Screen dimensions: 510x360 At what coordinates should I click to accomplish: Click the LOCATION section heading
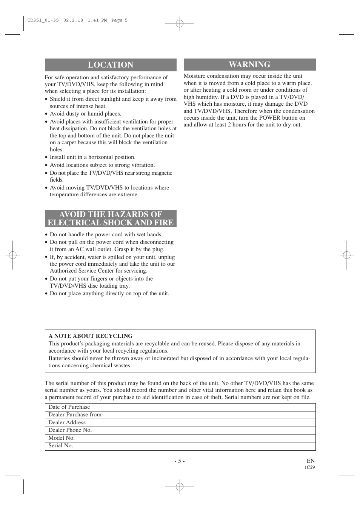click(x=111, y=65)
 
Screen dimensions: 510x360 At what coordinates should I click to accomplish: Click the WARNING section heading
click(x=249, y=65)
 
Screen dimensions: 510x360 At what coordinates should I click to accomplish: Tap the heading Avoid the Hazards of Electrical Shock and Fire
click(x=111, y=219)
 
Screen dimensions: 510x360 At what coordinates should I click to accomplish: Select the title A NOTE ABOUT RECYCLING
click(x=91, y=336)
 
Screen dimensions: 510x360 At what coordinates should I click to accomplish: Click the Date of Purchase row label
click(x=69, y=407)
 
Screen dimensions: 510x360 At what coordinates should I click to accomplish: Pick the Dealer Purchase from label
click(x=75, y=414)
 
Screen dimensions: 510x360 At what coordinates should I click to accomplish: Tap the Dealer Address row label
click(x=67, y=422)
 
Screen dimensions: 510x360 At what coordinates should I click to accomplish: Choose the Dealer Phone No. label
click(x=70, y=430)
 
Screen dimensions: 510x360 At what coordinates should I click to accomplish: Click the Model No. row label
click(x=62, y=438)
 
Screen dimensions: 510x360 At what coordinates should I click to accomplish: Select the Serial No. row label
click(x=61, y=445)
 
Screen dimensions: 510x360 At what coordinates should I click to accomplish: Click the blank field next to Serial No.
click(x=211, y=446)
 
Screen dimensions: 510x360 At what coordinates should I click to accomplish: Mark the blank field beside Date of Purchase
click(x=211, y=407)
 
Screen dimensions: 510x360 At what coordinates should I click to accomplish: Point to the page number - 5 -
click(x=180, y=461)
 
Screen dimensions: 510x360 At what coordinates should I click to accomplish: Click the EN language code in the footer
click(x=311, y=461)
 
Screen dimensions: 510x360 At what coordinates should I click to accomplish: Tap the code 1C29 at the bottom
click(x=309, y=467)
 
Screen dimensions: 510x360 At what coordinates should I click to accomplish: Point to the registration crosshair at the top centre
click(x=180, y=24)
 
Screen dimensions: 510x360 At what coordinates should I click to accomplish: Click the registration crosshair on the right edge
click(x=346, y=255)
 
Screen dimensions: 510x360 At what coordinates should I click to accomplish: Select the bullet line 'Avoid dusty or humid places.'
click(x=85, y=114)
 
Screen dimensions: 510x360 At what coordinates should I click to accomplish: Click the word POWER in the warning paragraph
click(x=269, y=118)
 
